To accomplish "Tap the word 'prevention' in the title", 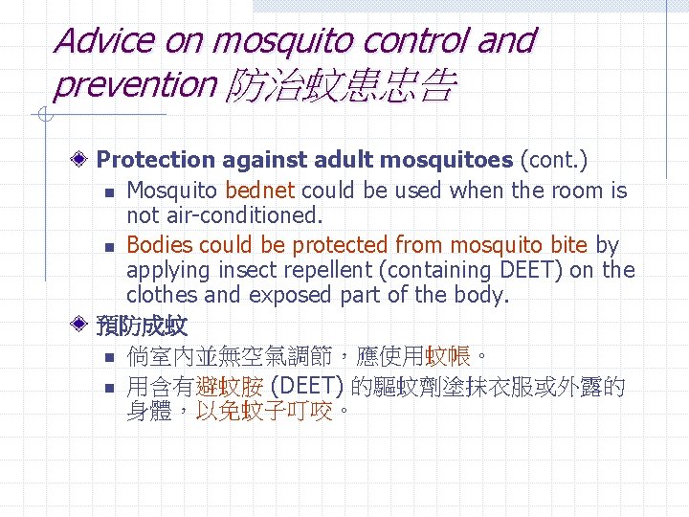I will point(135,85).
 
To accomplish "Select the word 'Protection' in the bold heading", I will point(155,159).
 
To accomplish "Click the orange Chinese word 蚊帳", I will point(447,357).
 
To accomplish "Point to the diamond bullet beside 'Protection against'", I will point(85,159).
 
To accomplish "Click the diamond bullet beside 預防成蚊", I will point(85,326).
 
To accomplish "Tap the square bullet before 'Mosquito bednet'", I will point(111,192).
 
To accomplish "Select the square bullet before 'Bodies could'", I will point(111,247).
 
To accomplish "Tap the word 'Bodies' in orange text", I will point(161,245).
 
